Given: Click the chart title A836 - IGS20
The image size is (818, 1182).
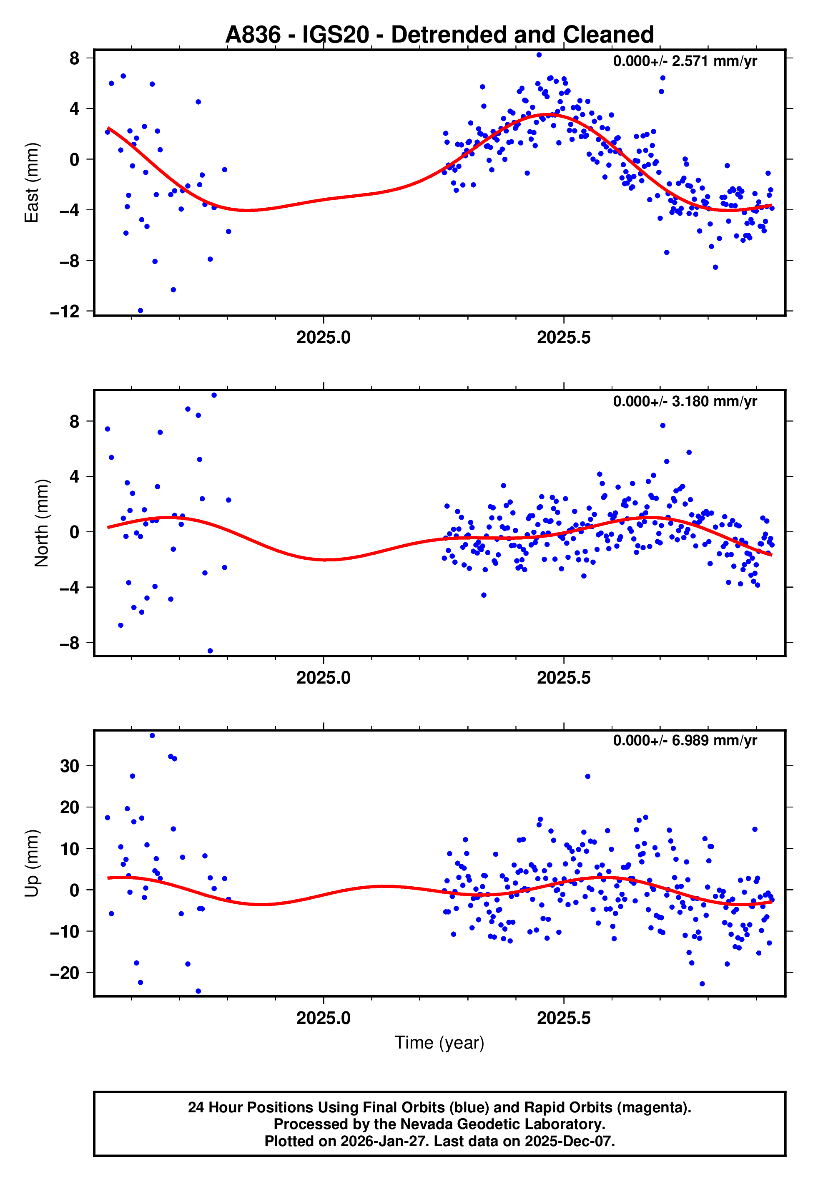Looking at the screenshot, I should pyautogui.click(x=439, y=35).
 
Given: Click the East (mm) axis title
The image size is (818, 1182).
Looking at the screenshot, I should pyautogui.click(x=32, y=183).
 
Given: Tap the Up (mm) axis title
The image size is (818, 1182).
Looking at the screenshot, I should pyautogui.click(x=32, y=863).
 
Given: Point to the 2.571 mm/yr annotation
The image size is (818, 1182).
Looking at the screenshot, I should pyautogui.click(x=685, y=61).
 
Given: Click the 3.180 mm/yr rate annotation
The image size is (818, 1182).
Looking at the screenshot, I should pyautogui.click(x=685, y=401).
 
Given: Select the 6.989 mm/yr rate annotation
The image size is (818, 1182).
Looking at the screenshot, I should pyautogui.click(x=685, y=741).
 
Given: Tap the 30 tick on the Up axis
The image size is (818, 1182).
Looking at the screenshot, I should pyautogui.click(x=70, y=766).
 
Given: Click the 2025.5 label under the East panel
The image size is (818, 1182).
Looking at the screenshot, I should pyautogui.click(x=564, y=338).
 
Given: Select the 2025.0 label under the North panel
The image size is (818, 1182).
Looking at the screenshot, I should pyautogui.click(x=324, y=678).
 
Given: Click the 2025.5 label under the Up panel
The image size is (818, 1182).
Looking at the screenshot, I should pyautogui.click(x=564, y=1018).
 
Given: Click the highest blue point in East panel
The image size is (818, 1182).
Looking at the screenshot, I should pyautogui.click(x=539, y=55).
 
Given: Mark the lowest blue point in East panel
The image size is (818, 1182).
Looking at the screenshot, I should pyautogui.click(x=141, y=311).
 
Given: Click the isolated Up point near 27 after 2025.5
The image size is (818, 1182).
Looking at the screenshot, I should pyautogui.click(x=587, y=777).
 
